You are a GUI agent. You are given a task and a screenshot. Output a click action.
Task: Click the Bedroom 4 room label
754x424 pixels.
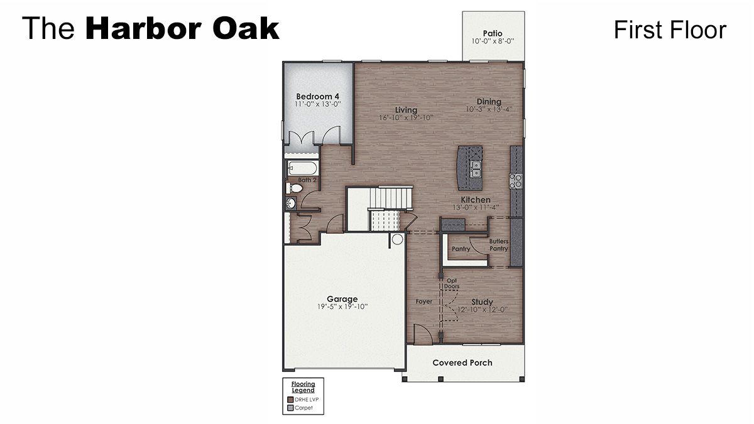pyautogui.click(x=318, y=96)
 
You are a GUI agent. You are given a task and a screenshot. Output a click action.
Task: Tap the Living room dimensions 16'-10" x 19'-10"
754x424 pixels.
pyautogui.click(x=406, y=118)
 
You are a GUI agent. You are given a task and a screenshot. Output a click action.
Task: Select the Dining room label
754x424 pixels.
pyautogui.click(x=489, y=102)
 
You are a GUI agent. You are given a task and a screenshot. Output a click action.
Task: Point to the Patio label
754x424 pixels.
pyautogui.click(x=493, y=33)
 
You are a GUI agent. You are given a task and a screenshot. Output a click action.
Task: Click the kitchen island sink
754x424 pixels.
pyautogui.click(x=476, y=168)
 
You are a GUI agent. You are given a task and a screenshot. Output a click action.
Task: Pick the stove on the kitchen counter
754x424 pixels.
pyautogui.click(x=516, y=181)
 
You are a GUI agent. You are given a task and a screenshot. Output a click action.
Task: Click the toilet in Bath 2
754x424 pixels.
pyautogui.click(x=292, y=188)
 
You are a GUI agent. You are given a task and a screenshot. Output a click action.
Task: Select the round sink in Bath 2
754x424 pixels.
pyautogui.click(x=291, y=203)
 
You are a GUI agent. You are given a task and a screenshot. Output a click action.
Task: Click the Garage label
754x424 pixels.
pyautogui.click(x=342, y=299)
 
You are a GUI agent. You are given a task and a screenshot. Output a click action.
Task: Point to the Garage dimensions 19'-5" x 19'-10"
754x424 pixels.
pyautogui.click(x=342, y=307)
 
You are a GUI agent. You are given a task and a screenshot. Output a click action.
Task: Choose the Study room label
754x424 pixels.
pyautogui.click(x=482, y=302)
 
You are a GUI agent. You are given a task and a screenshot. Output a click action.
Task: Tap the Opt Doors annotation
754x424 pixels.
pyautogui.click(x=452, y=283)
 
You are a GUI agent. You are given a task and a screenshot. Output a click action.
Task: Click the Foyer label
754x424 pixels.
pyautogui.click(x=424, y=302)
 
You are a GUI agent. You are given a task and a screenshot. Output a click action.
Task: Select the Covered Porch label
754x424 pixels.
pyautogui.click(x=462, y=362)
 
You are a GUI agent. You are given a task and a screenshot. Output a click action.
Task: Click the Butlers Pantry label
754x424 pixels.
pyautogui.click(x=499, y=245)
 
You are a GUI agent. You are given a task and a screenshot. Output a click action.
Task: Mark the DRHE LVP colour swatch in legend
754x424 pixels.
pyautogui.click(x=290, y=400)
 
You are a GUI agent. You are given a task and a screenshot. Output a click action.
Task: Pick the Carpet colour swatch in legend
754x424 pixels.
pyautogui.click(x=290, y=408)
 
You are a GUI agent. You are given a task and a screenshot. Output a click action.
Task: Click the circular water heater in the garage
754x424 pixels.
pyautogui.click(x=397, y=239)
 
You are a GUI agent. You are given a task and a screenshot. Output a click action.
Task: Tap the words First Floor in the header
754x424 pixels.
pyautogui.click(x=670, y=30)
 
